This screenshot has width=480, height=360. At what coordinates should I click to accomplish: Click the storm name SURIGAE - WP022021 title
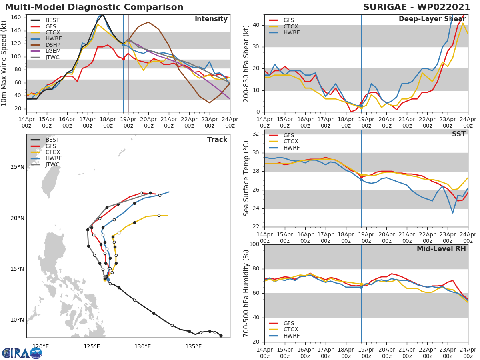point(416,7)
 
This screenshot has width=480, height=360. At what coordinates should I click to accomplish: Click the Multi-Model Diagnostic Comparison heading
point(94,7)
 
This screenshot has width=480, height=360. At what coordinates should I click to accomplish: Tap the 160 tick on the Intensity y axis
point(16,18)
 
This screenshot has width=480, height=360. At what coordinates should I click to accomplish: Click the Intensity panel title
point(211,19)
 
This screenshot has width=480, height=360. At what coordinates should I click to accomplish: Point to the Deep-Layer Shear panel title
point(432,19)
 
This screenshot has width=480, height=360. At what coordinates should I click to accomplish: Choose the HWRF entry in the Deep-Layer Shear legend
point(291,33)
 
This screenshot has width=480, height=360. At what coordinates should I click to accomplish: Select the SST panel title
point(458,134)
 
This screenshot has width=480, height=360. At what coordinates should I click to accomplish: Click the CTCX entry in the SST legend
point(291,142)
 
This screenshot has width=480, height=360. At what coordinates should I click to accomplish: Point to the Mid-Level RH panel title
point(441,249)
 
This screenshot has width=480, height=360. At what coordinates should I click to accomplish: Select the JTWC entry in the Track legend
point(52,165)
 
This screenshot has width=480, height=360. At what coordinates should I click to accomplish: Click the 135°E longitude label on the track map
point(193,346)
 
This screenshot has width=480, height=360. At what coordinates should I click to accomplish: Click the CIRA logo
point(22,353)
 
